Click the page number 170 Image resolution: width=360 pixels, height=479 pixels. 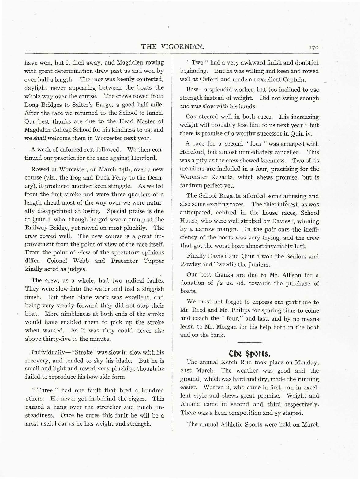[x=314, y=48]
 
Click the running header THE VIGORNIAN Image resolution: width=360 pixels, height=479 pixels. [x=172, y=47]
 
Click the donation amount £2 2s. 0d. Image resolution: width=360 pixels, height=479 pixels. [x=230, y=283]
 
